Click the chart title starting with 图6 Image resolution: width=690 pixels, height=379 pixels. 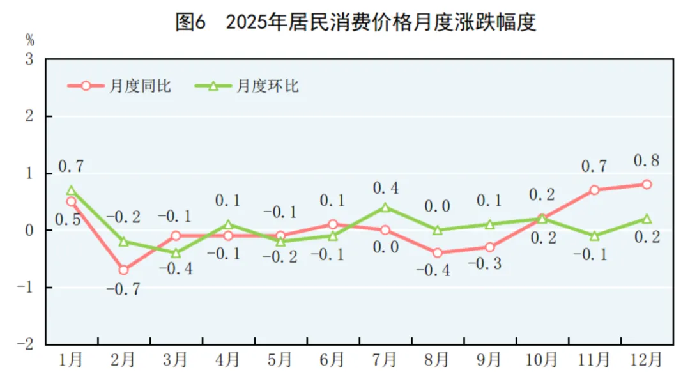355,22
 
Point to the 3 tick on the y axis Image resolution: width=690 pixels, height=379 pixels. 29,59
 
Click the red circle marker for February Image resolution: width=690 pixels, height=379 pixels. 123,270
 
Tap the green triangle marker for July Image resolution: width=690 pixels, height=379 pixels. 385,207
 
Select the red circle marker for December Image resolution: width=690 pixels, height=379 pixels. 647,184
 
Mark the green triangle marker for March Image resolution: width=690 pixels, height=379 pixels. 176,253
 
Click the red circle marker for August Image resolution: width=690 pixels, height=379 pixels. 438,253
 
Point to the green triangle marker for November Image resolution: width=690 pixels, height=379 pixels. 594,236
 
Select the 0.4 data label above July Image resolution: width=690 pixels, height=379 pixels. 385,189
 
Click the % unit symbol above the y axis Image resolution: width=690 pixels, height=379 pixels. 29,40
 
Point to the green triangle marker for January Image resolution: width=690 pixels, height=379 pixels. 71,190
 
